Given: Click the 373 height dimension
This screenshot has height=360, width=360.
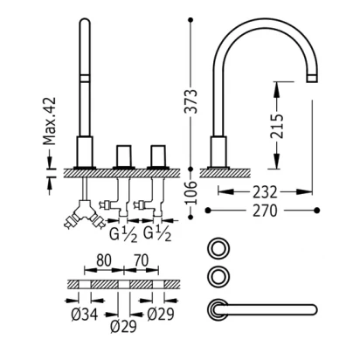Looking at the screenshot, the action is [191, 101].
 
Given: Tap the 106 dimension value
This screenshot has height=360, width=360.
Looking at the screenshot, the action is [191, 192].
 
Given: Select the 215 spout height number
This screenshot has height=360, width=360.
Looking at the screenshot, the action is [276, 126].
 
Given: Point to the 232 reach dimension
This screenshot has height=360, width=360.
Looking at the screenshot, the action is [265, 192].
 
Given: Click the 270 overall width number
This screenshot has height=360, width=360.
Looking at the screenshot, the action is [265, 211].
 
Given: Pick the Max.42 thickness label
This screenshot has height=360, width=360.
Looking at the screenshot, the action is [49, 121].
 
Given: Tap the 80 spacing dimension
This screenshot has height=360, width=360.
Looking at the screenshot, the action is [104, 260].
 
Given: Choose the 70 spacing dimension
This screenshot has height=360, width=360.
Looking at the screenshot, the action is [141, 260].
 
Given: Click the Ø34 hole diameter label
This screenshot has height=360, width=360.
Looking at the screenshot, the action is [85, 315].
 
